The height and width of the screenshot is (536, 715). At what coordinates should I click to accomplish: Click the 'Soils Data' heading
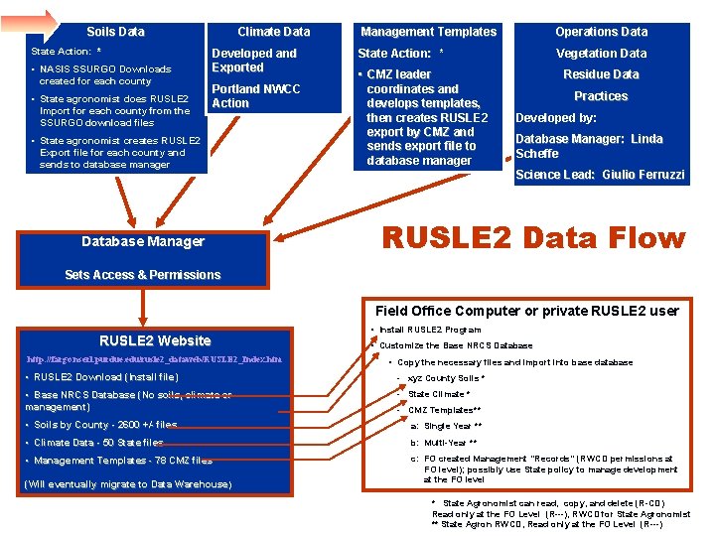click(x=115, y=32)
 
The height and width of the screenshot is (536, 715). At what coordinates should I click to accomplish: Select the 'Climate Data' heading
click(x=273, y=32)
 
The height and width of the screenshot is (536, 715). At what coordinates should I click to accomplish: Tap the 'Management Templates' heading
click(x=428, y=32)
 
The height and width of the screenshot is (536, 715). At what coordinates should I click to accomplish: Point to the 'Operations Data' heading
click(x=601, y=32)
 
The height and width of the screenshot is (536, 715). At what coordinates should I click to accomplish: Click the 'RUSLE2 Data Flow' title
click(x=533, y=238)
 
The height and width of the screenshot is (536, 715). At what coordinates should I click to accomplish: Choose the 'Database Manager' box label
click(x=143, y=241)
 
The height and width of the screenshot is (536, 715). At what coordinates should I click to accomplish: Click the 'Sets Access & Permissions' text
click(x=143, y=275)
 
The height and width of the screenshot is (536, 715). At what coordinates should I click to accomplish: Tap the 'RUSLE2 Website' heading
click(x=155, y=340)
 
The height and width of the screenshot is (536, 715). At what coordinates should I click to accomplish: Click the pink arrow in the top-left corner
click(x=36, y=21)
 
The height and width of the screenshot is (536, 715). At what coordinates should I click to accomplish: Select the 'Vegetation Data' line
click(x=601, y=54)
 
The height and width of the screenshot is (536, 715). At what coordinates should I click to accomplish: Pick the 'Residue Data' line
click(x=601, y=74)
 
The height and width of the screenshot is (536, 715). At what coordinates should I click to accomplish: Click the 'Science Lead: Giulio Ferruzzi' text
click(x=600, y=175)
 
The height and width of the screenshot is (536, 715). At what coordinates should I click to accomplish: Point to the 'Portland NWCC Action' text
click(x=255, y=96)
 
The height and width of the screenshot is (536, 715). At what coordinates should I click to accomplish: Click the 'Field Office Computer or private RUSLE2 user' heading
click(x=526, y=311)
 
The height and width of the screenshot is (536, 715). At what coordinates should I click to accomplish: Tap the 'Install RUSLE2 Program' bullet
click(x=429, y=330)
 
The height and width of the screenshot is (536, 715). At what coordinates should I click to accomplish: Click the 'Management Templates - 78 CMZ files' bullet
click(x=120, y=461)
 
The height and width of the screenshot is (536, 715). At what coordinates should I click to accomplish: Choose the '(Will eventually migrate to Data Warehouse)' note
click(x=127, y=484)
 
